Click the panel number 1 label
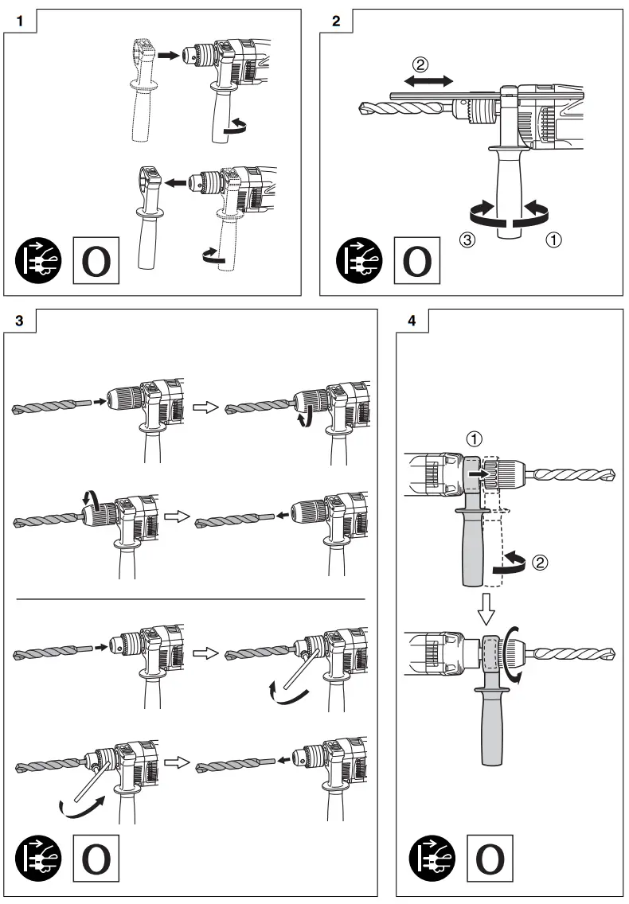click(x=19, y=21)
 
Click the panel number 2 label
click(x=335, y=21)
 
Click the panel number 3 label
click(x=19, y=321)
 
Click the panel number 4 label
click(x=411, y=321)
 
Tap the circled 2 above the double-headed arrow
click(x=423, y=63)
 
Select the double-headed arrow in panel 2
click(x=428, y=80)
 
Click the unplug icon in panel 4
click(x=434, y=859)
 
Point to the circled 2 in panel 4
click(x=540, y=562)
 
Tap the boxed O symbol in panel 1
click(x=96, y=259)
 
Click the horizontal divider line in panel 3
click(x=190, y=598)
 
